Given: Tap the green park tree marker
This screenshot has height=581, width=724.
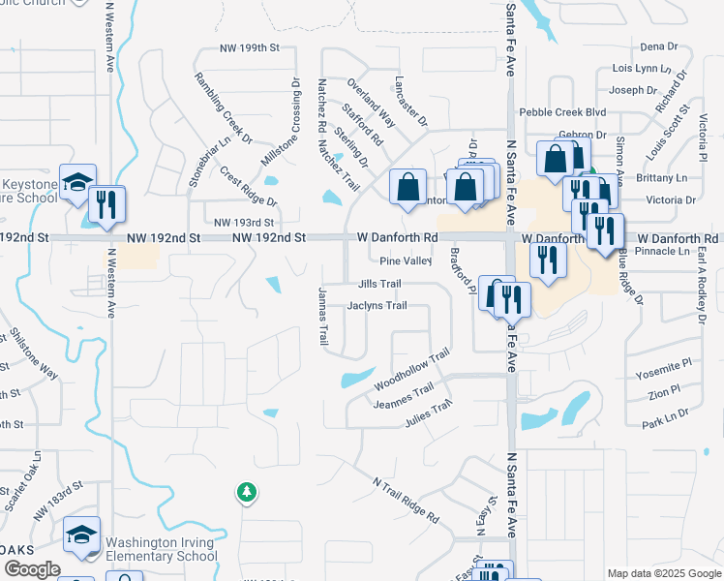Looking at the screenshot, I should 247,493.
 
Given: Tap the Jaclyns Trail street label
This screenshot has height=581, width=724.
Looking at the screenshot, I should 377,305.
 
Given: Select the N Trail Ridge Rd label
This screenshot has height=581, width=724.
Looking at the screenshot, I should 407,499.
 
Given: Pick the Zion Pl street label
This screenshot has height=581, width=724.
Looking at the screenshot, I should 664,394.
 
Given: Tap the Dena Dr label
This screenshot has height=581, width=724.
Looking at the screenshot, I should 659,46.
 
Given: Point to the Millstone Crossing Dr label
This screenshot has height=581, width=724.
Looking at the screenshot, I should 291,123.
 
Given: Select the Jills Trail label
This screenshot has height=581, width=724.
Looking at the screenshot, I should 379,284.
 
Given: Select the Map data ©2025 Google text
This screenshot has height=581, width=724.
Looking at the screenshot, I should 663,573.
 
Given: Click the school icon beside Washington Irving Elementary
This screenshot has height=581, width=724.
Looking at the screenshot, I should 82,536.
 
